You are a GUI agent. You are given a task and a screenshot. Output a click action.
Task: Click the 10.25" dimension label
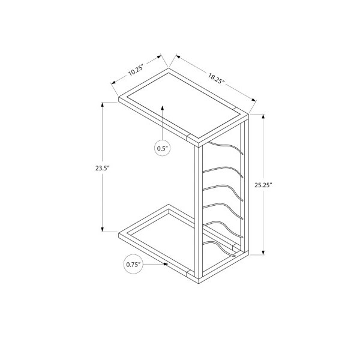136,70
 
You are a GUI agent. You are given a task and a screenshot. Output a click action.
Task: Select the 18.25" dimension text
216,79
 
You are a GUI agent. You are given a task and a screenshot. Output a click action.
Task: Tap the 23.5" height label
102,168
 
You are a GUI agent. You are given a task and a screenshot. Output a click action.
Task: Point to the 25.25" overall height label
263,185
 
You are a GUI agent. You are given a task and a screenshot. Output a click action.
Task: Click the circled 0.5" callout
163,148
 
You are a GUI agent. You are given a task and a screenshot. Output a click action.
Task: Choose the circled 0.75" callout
133,265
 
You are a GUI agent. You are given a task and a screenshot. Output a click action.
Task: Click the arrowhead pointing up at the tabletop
163,108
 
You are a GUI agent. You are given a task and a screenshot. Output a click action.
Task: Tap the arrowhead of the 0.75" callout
166,264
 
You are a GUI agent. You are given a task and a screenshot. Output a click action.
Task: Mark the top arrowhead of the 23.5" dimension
102,104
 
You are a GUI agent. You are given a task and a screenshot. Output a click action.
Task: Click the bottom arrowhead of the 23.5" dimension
102,229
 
